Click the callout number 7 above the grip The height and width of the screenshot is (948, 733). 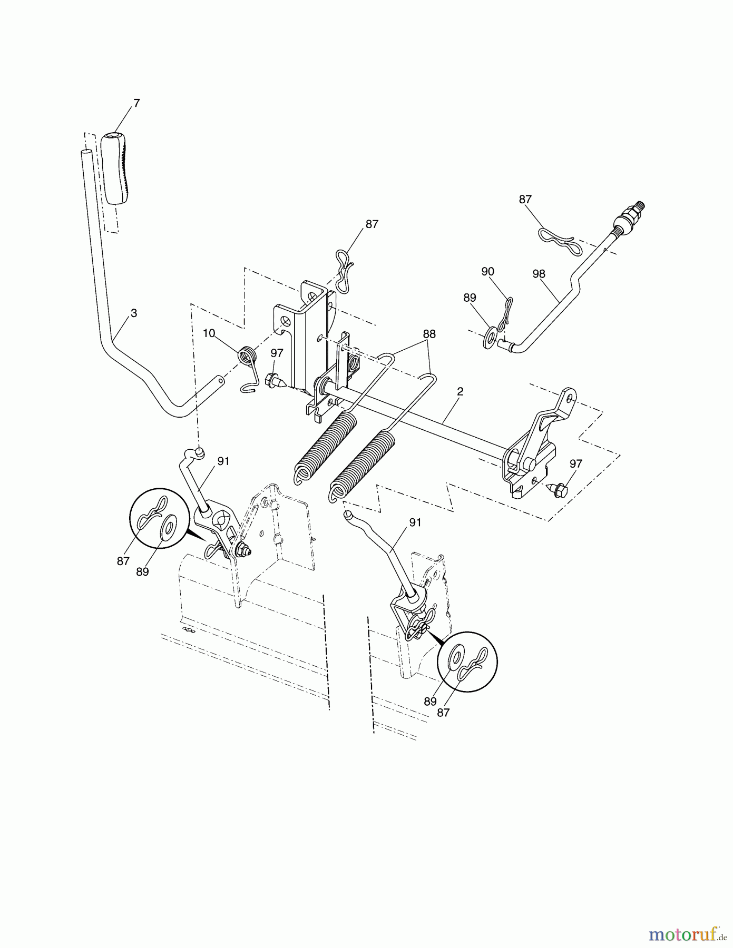(x=136, y=103)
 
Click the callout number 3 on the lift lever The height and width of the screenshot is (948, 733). (x=134, y=313)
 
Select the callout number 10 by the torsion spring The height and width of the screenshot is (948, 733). (x=209, y=333)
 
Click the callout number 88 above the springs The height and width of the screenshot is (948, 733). (x=429, y=334)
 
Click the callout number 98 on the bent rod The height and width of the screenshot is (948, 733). (x=539, y=274)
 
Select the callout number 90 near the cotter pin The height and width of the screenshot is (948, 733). (x=487, y=271)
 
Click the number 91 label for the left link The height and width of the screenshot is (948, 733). (x=223, y=461)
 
